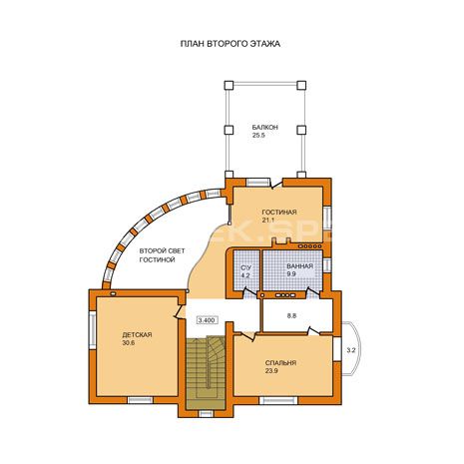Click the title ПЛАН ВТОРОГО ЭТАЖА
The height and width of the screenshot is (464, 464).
pyautogui.click(x=231, y=44)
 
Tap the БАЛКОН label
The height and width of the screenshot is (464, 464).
pyautogui.click(x=264, y=128)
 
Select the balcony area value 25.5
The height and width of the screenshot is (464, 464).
pyautogui.click(x=258, y=136)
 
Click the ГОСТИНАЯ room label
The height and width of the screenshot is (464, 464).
pyautogui.click(x=279, y=213)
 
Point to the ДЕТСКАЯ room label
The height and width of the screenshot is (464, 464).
pyautogui.click(x=137, y=335)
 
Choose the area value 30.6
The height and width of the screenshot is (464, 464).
pyautogui.click(x=129, y=343)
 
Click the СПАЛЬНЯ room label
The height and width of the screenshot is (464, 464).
pyautogui.click(x=280, y=363)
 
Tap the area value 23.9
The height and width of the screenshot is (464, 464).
pyautogui.click(x=271, y=371)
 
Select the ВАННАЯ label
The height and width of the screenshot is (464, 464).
pyautogui.click(x=299, y=266)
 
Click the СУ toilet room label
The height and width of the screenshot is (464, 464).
pyautogui.click(x=245, y=267)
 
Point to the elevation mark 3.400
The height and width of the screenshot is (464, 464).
pyautogui.click(x=208, y=320)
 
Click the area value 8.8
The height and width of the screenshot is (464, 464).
pyautogui.click(x=291, y=316)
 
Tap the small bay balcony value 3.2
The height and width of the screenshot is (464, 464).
pyautogui.click(x=351, y=350)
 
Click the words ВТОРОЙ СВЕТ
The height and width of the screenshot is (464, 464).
pyautogui.click(x=162, y=250)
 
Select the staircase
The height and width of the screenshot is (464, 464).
pyautogui.click(x=206, y=372)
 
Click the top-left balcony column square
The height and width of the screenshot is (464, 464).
pyautogui.click(x=229, y=85)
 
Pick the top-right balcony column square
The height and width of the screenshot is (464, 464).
pyautogui.click(x=301, y=85)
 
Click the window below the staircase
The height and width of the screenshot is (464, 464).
pyautogui.click(x=206, y=414)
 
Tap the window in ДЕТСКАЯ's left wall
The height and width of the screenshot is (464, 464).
pyautogui.click(x=93, y=330)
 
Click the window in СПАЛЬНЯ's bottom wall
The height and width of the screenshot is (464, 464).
pyautogui.click(x=278, y=400)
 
